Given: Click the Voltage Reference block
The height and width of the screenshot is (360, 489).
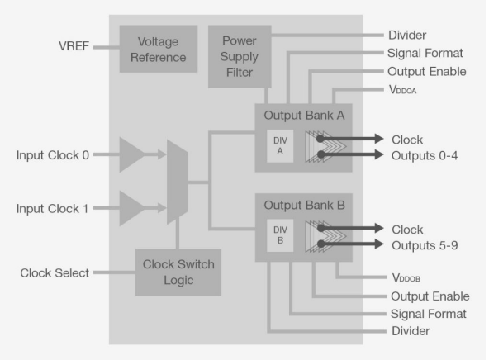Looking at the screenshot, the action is tap(159, 49).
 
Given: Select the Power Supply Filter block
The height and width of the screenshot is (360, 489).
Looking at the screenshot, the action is tap(240, 56).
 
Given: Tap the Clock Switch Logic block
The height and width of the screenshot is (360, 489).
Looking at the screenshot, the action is tap(178, 272).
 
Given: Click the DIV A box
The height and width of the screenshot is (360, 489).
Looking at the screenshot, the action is tap(280, 146).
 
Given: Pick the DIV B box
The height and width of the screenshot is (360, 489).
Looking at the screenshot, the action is tap(280, 235).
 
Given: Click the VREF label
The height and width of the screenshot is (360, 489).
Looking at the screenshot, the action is tap(74, 46).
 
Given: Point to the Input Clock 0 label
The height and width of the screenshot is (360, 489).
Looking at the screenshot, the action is tap(53, 155).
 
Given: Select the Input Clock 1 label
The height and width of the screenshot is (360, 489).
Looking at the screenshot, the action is tap(52, 209).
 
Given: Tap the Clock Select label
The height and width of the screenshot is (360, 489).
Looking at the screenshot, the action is tap(55, 273).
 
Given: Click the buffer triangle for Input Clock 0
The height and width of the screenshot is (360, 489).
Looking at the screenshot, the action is tap(131, 154).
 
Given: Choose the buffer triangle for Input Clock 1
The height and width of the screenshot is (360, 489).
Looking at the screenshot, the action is tap(131, 208).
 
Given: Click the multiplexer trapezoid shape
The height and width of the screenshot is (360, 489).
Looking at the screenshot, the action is tap(178, 182).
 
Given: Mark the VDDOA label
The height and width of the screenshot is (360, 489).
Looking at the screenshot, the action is tap(402, 90).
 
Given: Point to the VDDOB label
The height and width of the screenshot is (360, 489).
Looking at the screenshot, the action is tap(406, 277).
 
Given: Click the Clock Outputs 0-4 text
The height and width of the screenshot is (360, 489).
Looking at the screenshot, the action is tap(425, 148).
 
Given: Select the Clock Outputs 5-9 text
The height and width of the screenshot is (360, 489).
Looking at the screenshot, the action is tap(425, 238).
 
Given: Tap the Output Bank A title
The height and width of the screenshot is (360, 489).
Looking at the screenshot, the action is tap(304, 116).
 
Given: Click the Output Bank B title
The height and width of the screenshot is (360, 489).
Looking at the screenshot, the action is tap(304, 206).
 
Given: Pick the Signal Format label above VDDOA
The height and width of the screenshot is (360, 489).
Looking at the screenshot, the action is tap(425, 54).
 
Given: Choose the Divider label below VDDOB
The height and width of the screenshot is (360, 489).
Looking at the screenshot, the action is tap(411, 331).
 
